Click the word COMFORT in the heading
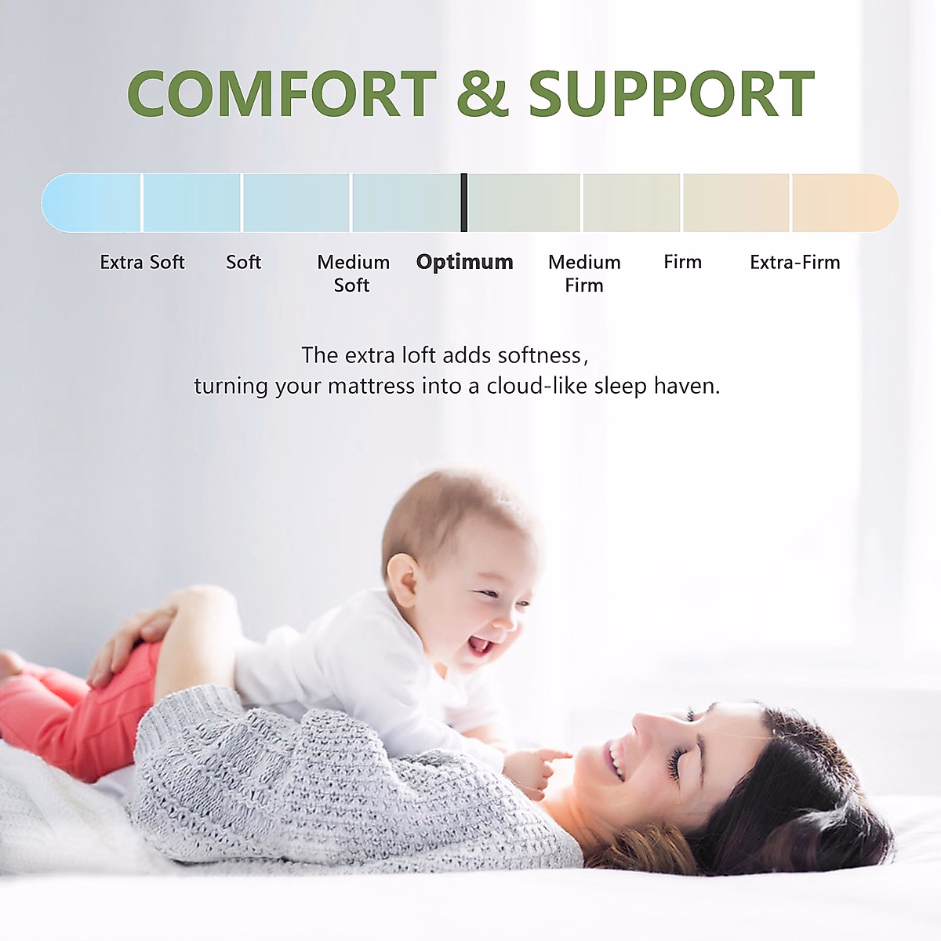pos(282,94)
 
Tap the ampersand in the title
pos(482,94)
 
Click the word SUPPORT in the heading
pos(671,94)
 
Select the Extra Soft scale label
pos(142,262)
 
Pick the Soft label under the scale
pos(243,262)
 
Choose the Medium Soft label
pos(353,273)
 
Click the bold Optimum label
pos(464,262)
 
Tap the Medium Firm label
pos(584,273)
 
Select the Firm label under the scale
pos(682,262)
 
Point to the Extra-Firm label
pos(794,262)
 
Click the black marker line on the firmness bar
pos(464,202)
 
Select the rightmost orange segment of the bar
pos(844,202)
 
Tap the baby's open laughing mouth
pos(480,645)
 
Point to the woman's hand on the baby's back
pos(129,639)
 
